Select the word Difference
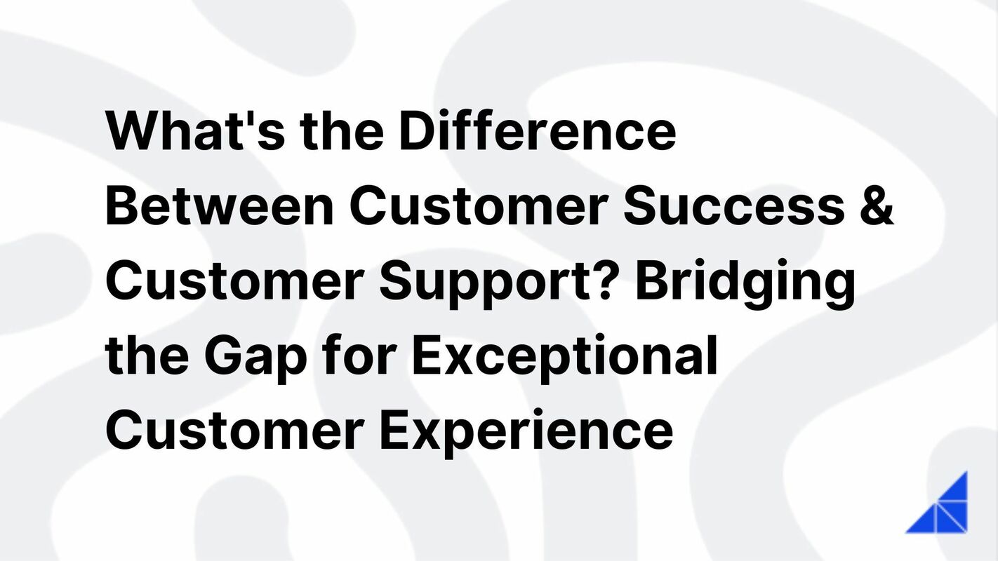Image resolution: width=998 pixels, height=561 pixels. click(537, 130)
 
